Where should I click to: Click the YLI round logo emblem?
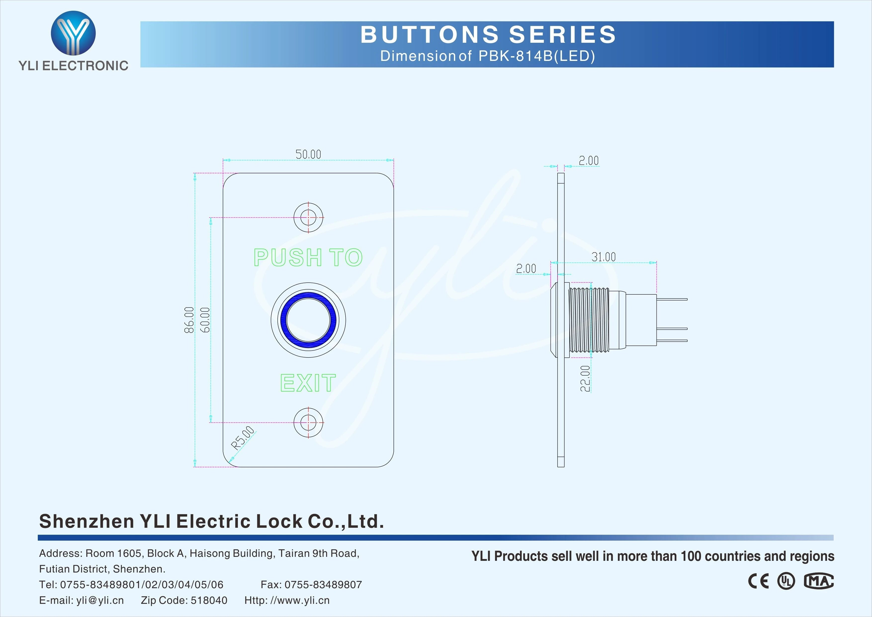pos(73,33)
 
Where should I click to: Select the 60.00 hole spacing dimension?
pos(205,320)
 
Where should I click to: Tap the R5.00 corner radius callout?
pos(243,438)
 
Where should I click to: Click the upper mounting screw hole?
pos(308,218)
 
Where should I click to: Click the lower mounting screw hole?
pos(308,422)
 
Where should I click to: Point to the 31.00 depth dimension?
pos(604,257)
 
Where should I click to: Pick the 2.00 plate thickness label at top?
pos(588,161)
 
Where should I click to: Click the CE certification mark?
pos(758,581)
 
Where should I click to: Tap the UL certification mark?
pos(785,581)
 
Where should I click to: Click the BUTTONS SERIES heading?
pos(488,35)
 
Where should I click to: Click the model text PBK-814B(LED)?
pos(536,56)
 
